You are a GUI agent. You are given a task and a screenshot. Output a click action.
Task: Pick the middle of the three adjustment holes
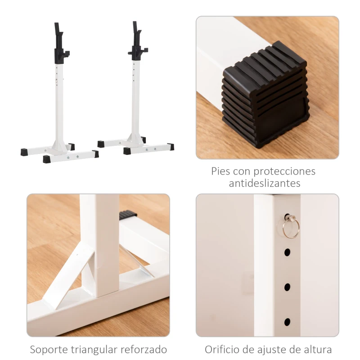coord(287,286)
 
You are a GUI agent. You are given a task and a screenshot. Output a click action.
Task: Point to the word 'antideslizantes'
coord(265,184)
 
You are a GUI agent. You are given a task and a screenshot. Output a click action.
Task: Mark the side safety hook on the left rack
coord(66,54)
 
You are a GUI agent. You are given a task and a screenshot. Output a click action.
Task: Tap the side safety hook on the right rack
coord(131,53)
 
